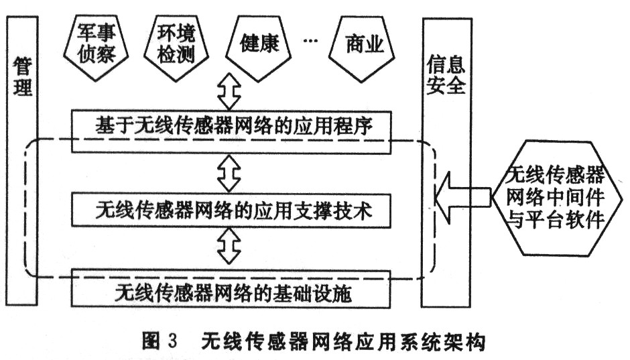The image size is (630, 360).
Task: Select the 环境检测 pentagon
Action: (176, 44)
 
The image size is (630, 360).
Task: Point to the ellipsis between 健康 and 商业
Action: (311, 42)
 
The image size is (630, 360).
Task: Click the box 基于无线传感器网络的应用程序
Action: (231, 125)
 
